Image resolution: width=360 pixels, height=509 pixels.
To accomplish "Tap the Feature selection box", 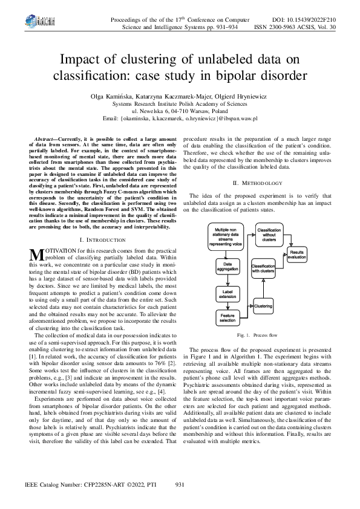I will tap(227, 317).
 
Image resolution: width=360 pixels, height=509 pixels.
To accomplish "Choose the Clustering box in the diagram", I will tap(263, 306).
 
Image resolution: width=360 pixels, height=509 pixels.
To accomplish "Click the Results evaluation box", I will tap(296, 254).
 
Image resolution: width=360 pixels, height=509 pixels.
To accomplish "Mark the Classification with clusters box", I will tap(263, 268).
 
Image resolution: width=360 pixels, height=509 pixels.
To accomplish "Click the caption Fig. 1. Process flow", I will tap(257, 334).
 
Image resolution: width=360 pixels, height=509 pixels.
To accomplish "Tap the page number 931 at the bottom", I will tap(180, 485).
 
